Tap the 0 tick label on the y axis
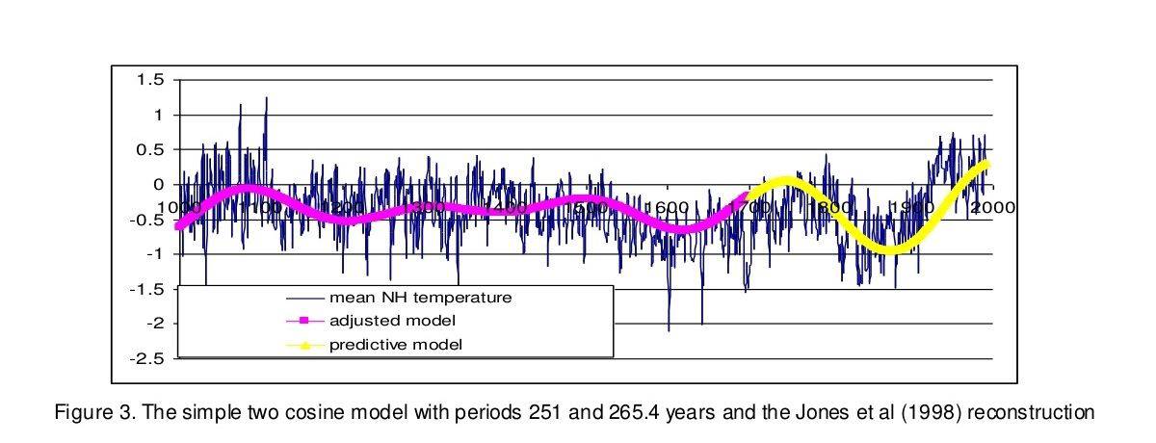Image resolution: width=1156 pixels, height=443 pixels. pyautogui.click(x=160, y=185)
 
